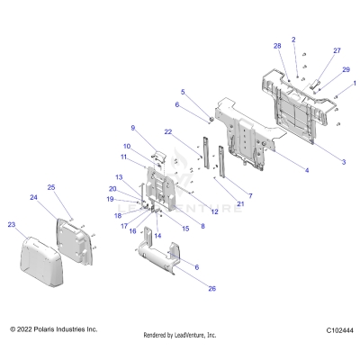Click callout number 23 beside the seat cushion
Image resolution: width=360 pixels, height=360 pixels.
(x=11, y=224)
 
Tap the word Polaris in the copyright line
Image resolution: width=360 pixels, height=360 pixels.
(x=47, y=329)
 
